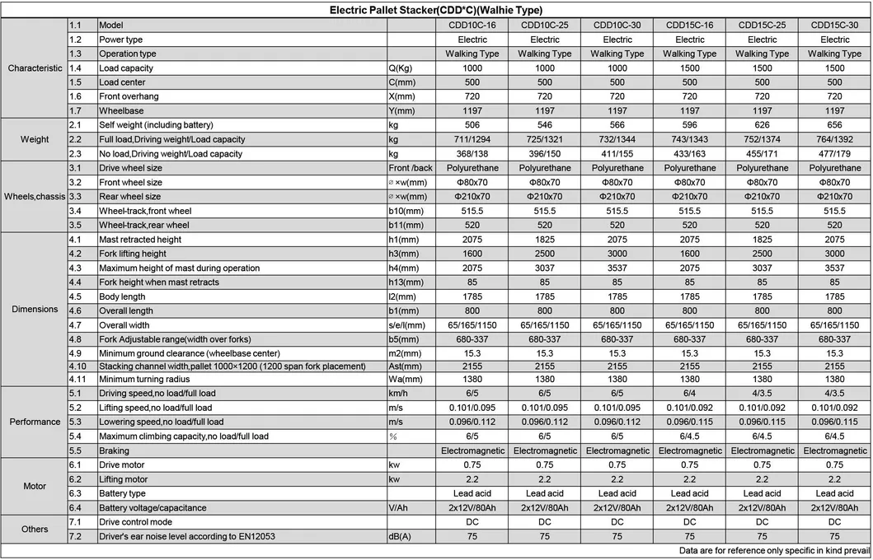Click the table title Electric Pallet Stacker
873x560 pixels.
(435, 11)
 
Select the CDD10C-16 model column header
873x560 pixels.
(472, 26)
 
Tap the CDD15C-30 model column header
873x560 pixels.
(834, 26)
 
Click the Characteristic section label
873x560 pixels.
(35, 68)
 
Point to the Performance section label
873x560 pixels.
(35, 422)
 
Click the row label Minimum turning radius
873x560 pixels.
(145, 379)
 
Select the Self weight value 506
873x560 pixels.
(472, 125)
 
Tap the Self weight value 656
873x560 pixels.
(834, 125)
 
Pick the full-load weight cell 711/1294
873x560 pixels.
(472, 139)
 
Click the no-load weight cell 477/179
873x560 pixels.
(834, 153)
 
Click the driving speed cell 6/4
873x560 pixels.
(690, 394)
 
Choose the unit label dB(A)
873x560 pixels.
(401, 537)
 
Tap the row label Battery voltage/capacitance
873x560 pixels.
(153, 508)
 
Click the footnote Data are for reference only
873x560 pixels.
(774, 550)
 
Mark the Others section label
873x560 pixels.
(35, 529)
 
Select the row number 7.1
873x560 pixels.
(76, 522)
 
